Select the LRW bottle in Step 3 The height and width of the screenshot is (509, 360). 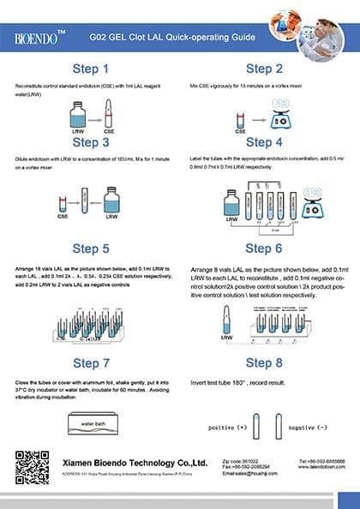(111, 201)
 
